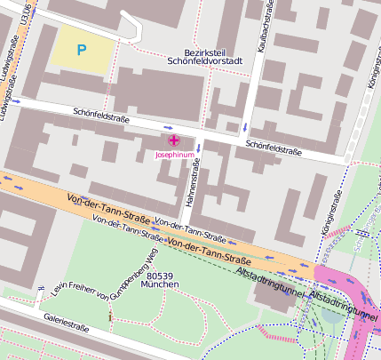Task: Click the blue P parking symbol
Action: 82,51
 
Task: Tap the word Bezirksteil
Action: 201,52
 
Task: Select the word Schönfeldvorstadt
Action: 205,62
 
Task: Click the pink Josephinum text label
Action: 173,155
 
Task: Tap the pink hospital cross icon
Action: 173,140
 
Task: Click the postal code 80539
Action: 159,276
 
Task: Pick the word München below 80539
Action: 159,285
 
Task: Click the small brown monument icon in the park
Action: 110,316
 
